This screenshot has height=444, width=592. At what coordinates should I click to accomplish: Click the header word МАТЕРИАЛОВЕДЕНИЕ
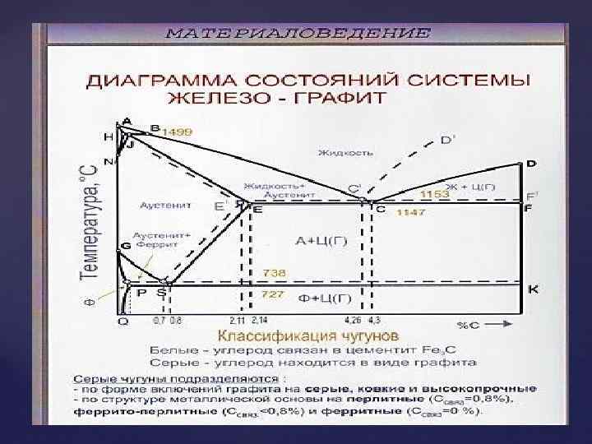(297, 34)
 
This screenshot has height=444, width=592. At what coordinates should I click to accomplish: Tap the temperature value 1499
(177, 131)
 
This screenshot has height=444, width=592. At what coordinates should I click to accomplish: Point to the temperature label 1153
(435, 195)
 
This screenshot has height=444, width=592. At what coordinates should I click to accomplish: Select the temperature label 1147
(412, 212)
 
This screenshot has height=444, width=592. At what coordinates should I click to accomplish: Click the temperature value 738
(274, 271)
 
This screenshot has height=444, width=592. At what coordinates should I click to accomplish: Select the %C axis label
(469, 325)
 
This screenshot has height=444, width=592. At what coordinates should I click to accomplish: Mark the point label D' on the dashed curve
(446, 140)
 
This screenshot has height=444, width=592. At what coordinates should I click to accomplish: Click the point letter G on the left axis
(125, 246)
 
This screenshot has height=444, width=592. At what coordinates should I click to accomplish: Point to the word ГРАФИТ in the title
(350, 98)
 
